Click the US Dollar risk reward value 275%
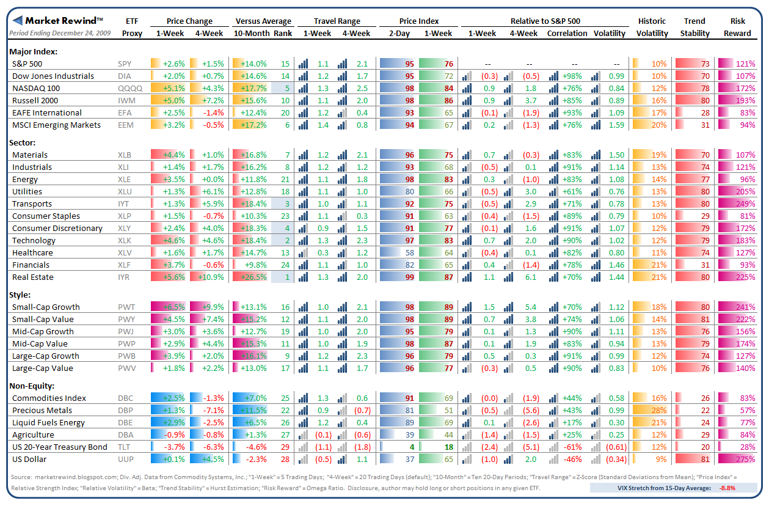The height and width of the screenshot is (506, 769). [745, 459]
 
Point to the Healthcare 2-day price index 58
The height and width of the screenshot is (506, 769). [409, 252]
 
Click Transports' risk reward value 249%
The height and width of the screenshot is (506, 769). [745, 204]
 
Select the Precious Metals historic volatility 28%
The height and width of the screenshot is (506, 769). [658, 410]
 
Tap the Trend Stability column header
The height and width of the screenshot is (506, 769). [695, 28]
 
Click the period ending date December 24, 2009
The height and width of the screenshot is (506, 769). [60, 33]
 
